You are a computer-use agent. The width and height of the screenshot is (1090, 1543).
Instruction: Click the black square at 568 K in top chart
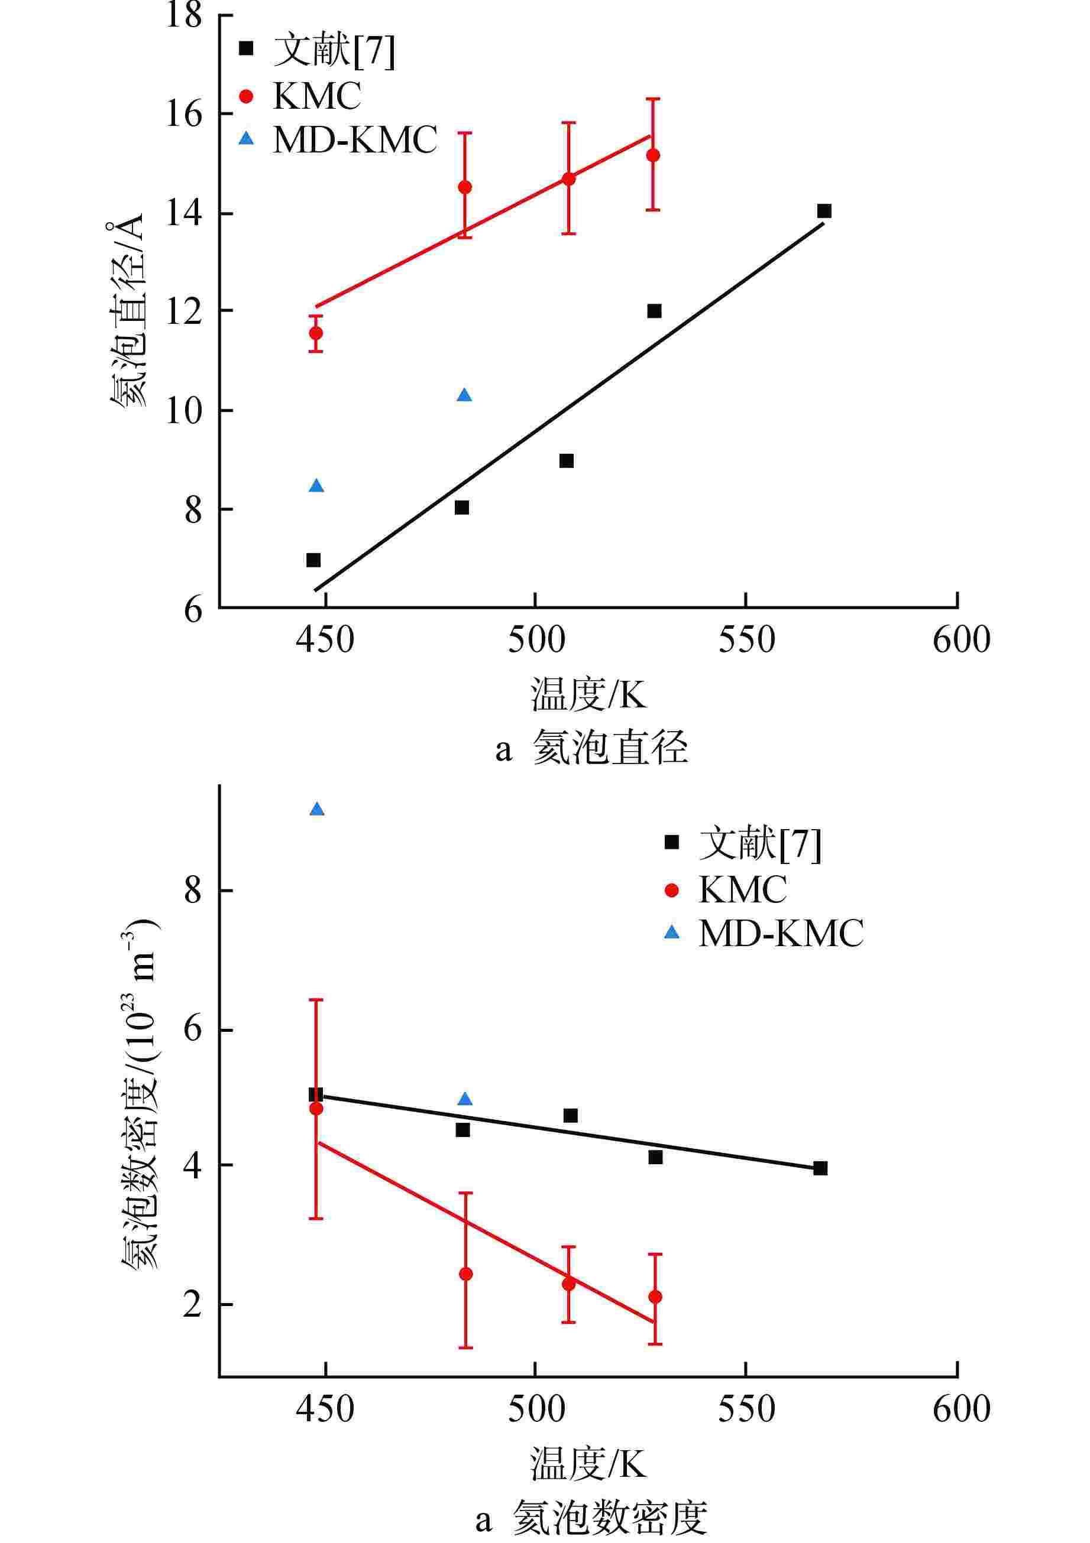(x=824, y=211)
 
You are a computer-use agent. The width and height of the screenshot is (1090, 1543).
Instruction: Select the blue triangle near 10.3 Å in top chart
(x=464, y=395)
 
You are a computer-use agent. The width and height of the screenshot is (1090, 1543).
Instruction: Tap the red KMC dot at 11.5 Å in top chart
(x=315, y=333)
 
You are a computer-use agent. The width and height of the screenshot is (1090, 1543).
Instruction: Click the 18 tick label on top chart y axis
(x=183, y=15)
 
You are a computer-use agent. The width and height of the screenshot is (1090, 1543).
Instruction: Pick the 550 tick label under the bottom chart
(x=746, y=1409)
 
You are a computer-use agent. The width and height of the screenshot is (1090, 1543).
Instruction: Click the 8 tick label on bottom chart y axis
(x=193, y=891)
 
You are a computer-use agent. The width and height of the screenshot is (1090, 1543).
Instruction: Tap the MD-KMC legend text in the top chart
(x=355, y=140)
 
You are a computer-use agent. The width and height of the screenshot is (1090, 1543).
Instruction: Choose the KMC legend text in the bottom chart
(x=742, y=891)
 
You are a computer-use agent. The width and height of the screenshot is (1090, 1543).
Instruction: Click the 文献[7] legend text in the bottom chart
(x=760, y=843)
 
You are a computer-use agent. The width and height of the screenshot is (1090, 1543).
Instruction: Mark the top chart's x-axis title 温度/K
(x=588, y=694)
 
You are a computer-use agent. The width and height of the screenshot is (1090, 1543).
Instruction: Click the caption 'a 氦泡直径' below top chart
(x=592, y=749)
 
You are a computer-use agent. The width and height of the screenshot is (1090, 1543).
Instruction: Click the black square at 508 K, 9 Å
(x=566, y=461)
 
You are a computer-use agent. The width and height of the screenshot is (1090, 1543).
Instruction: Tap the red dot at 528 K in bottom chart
(x=655, y=1297)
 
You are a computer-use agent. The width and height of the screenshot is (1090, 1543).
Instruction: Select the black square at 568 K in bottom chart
(x=820, y=1168)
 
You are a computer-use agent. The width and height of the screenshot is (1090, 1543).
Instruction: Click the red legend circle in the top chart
(x=247, y=96)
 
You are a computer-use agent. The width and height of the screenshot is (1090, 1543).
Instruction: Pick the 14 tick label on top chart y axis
(x=183, y=214)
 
